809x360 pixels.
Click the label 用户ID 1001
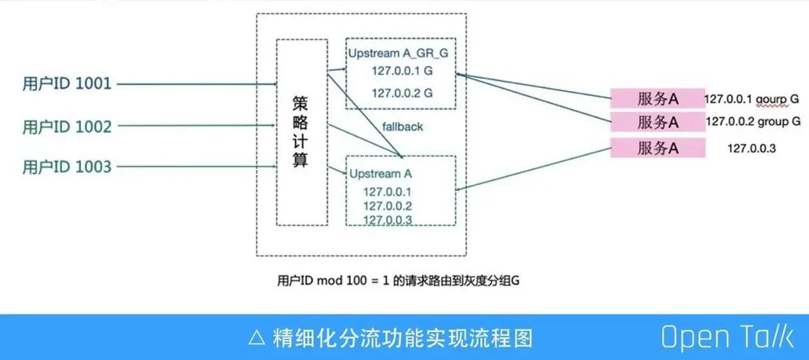pos(67,83)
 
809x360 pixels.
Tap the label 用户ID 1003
pos(67,167)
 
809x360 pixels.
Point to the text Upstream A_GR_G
pos(397,53)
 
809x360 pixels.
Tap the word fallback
pos(403,127)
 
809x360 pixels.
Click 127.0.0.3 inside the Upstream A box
pos(388,220)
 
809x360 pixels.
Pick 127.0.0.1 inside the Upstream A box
pos(388,192)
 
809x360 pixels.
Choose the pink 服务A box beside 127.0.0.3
pos(658,148)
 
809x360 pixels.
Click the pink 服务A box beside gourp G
pos(658,98)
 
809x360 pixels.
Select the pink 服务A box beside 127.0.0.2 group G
pos(658,122)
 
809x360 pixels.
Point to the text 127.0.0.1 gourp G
pos(752,99)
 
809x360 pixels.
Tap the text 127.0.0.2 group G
pos(753,121)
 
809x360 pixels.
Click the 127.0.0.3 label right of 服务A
pos(752,149)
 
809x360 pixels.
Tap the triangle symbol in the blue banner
pos(256,338)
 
